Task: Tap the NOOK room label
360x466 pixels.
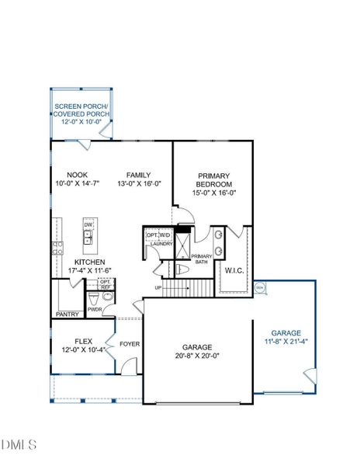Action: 77,175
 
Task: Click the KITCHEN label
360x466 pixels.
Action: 90,263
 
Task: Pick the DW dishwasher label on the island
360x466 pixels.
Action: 88,225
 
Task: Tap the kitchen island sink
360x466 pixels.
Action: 88,240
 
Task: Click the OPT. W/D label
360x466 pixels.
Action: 158,235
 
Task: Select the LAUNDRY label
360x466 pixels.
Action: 161,244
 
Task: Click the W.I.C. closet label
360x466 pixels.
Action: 234,270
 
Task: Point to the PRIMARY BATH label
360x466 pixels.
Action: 202,259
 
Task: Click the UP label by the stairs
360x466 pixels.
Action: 158,287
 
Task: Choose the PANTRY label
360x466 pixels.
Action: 67,315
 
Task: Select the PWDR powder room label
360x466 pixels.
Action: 95,308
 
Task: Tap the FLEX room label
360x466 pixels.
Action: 84,341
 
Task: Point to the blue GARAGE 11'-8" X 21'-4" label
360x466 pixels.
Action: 286,335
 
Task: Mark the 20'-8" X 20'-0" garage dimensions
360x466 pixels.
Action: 197,356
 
